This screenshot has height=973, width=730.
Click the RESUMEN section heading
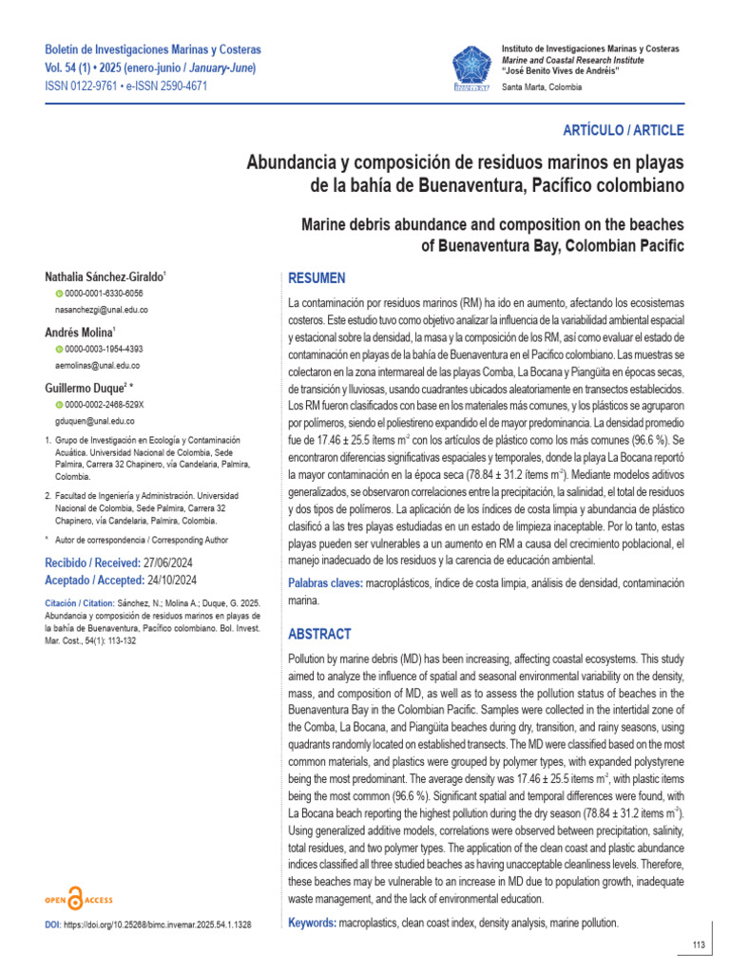(317, 278)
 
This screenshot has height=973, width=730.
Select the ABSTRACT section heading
(319, 634)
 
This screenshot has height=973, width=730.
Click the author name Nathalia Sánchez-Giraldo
(105, 277)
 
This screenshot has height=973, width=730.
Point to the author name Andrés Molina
(79, 332)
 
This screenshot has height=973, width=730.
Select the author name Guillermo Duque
(92, 388)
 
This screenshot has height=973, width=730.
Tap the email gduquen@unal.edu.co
(95, 421)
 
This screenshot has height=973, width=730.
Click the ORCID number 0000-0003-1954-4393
(105, 349)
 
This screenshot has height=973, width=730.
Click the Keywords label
(311, 923)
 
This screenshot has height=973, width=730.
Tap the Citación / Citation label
(78, 603)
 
